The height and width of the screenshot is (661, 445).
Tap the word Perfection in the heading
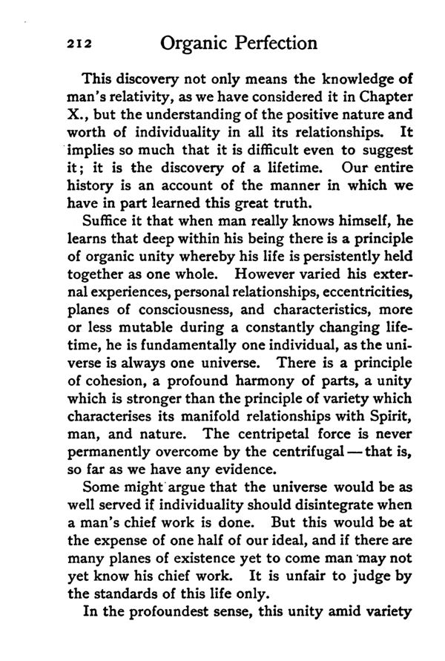[269, 43]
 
